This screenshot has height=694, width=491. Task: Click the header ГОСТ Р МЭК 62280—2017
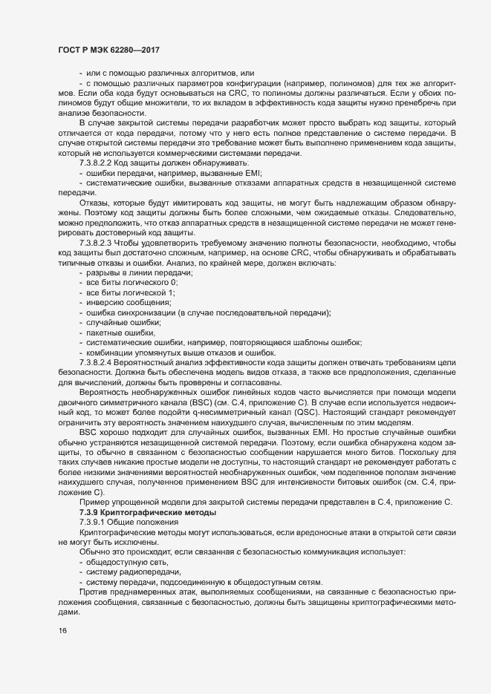click(109, 49)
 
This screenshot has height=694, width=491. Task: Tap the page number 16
click(62, 631)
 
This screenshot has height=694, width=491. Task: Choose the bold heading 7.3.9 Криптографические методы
click(144, 513)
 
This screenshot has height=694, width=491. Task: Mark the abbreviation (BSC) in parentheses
click(212, 401)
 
